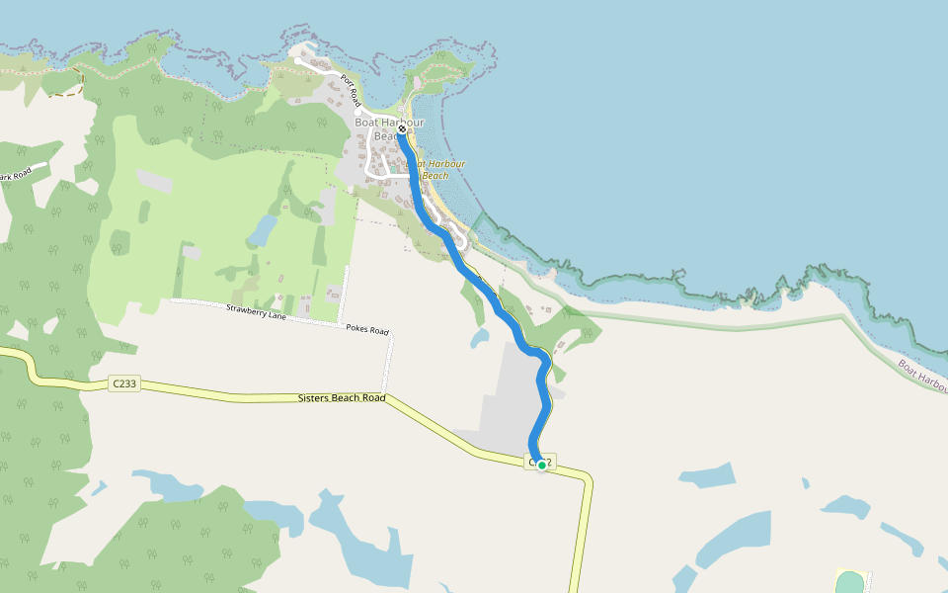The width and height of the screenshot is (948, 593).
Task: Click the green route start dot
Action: point(541,465)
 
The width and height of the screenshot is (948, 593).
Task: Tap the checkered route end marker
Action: point(403,128)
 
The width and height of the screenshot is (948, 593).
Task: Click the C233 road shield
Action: point(123,383)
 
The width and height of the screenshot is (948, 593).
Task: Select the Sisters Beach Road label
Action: point(342,399)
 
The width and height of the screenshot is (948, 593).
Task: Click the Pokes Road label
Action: point(366,329)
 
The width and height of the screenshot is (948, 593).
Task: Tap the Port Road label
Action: point(350,92)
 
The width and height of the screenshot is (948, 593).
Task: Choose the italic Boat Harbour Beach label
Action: point(436,169)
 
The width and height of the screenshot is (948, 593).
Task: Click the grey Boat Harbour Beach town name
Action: point(389,128)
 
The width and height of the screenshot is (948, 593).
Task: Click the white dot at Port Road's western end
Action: point(298,61)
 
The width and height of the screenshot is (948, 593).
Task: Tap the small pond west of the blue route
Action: point(480,338)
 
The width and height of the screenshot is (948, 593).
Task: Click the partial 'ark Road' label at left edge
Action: point(16,176)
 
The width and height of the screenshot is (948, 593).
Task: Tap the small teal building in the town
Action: point(392,169)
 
